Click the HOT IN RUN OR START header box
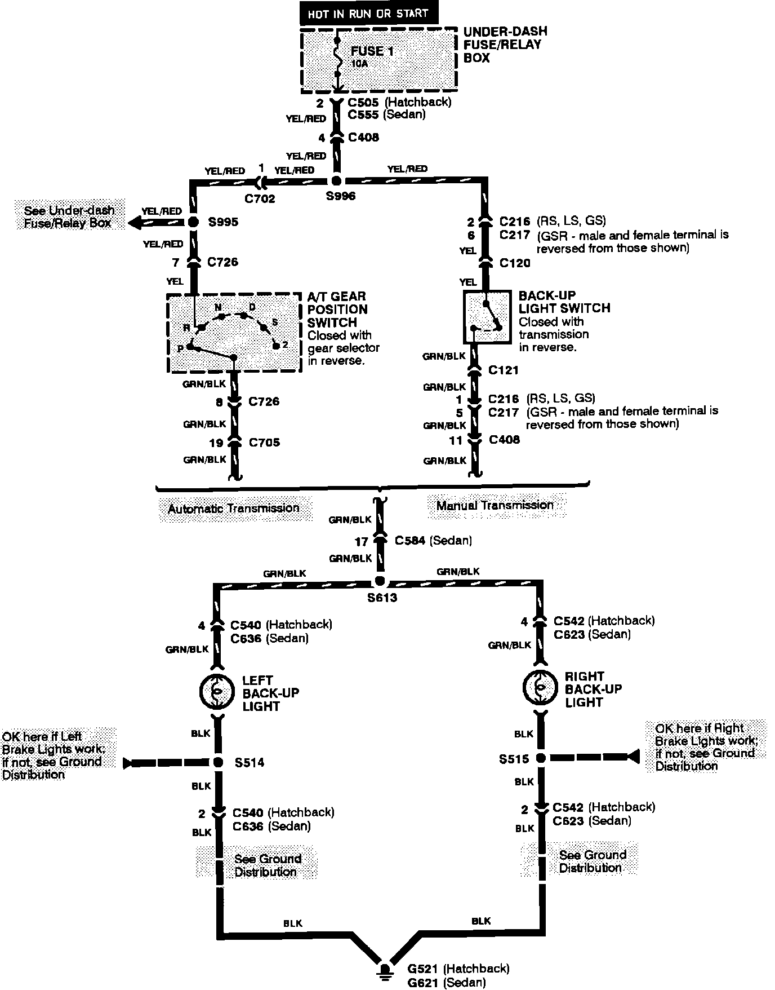[368, 13]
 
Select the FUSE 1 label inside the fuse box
[372, 51]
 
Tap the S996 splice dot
[336, 181]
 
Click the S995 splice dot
[193, 222]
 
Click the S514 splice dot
[218, 763]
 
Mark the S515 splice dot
[540, 759]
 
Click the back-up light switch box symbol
[487, 317]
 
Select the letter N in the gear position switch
[218, 307]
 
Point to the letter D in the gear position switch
[252, 307]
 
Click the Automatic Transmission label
[234, 509]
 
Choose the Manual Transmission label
[495, 505]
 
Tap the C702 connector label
[260, 198]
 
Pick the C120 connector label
[514, 263]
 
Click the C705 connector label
[264, 443]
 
